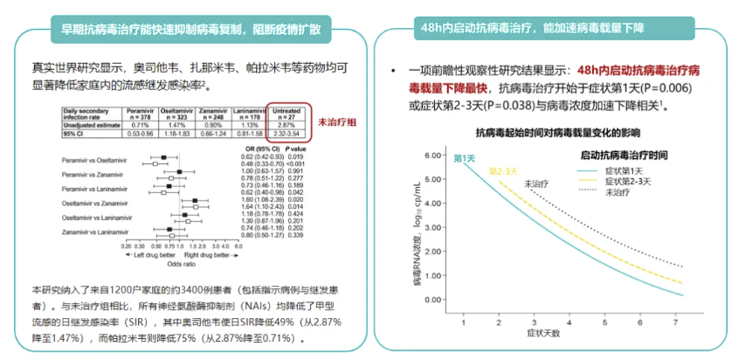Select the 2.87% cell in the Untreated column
[290, 126]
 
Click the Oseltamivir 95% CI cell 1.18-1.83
[176, 134]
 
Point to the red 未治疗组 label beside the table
[335, 123]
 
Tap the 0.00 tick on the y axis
[431, 300]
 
